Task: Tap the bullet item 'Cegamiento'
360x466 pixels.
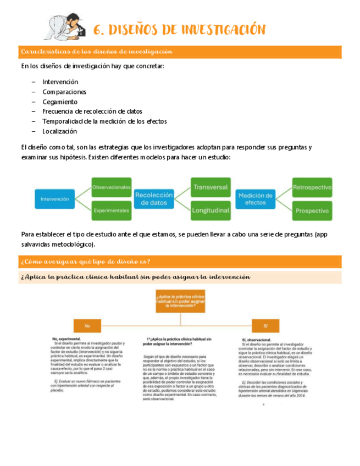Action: point(60,102)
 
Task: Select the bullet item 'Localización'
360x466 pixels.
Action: point(60,131)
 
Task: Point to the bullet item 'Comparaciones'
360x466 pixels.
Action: point(64,92)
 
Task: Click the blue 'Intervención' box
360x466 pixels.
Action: point(55,199)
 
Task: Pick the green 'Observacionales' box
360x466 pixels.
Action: point(112,187)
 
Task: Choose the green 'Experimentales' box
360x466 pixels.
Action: point(112,210)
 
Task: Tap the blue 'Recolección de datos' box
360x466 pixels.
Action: point(154,198)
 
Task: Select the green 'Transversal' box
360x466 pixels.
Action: point(211,187)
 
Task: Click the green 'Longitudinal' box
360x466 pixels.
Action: point(211,210)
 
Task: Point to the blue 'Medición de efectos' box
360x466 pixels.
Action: point(256,198)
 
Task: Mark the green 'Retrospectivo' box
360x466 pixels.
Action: point(312,187)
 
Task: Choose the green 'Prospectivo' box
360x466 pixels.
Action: point(312,210)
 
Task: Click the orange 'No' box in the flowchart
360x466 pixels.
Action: point(87,326)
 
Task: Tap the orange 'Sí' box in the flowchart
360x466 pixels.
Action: point(265,326)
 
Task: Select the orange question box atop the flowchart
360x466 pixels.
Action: point(180,302)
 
